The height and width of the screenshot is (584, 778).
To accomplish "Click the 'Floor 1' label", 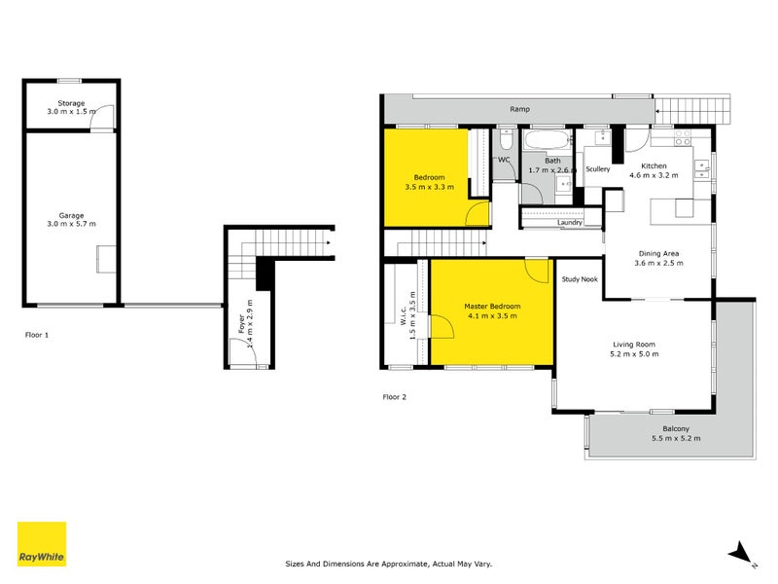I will click(38, 334).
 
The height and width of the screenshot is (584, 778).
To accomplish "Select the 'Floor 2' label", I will click(395, 396).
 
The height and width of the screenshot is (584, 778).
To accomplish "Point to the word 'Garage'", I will click(71, 215).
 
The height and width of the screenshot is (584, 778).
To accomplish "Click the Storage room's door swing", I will click(109, 115).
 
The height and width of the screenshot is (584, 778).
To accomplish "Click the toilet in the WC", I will click(504, 173).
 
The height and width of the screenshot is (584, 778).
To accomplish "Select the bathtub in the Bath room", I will click(546, 143).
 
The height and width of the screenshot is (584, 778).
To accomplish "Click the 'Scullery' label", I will click(597, 169).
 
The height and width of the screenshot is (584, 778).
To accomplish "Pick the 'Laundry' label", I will click(570, 222).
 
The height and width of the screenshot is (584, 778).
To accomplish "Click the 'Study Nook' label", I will click(580, 280).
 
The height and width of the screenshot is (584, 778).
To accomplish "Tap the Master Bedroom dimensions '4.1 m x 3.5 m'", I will click(492, 316).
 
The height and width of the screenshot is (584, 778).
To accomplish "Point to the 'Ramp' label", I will click(519, 110).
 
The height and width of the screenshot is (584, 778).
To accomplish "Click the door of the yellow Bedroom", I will click(477, 216).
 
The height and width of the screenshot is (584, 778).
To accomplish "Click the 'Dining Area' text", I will click(656, 253).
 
